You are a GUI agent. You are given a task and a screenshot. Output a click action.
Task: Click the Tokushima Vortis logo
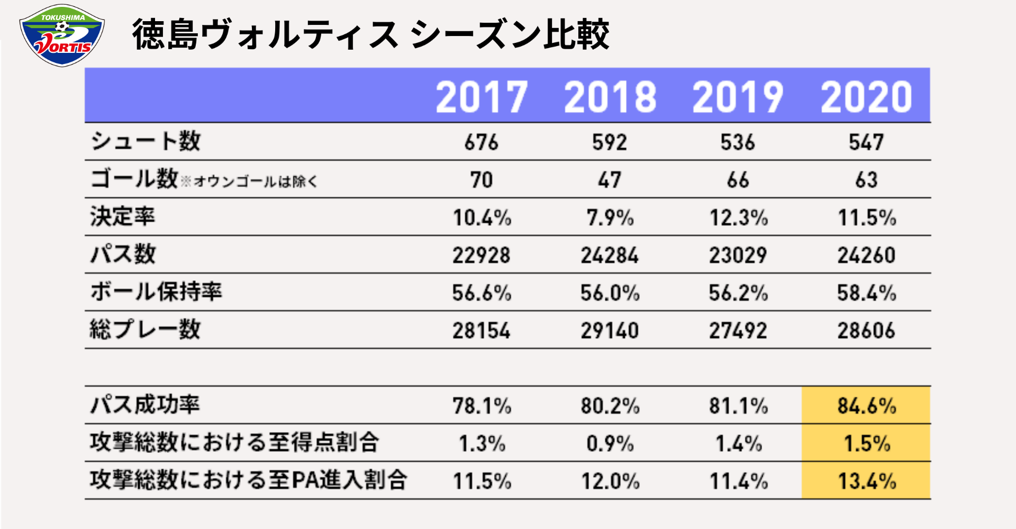click(x=62, y=35)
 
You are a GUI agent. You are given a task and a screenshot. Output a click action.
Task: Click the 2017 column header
click(x=482, y=97)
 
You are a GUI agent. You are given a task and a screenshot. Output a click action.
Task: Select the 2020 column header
click(x=866, y=97)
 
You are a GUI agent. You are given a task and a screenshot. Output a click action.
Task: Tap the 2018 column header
click(x=610, y=97)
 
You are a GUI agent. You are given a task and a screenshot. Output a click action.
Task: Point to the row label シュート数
click(x=146, y=141)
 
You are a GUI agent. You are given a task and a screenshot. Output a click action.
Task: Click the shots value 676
click(x=482, y=142)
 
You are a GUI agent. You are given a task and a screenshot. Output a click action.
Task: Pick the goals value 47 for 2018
click(x=610, y=180)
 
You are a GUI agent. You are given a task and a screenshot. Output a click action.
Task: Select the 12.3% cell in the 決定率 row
click(x=738, y=217)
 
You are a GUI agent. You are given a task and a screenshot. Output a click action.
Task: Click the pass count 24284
click(x=610, y=256)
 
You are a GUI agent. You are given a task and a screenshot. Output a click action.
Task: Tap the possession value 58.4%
click(x=866, y=293)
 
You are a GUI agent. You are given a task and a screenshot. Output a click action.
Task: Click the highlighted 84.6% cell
click(x=866, y=406)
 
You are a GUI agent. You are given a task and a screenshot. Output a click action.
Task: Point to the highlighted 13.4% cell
click(x=866, y=481)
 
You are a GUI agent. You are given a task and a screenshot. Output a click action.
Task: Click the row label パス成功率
click(x=145, y=405)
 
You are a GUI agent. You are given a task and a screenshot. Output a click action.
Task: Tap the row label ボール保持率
click(x=156, y=291)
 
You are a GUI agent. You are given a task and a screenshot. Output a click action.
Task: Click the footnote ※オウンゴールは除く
click(x=249, y=181)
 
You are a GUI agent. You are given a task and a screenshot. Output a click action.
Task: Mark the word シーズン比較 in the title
click(x=510, y=34)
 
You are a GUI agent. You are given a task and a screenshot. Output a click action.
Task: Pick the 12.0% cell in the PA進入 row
click(x=610, y=481)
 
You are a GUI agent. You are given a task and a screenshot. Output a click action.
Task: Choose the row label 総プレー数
click(x=146, y=329)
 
